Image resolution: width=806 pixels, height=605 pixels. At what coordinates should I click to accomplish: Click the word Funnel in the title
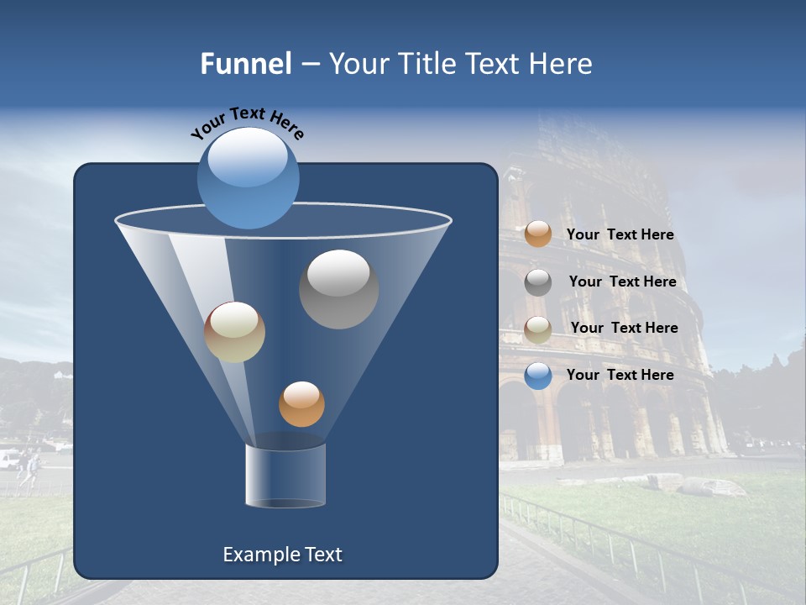pos(245,64)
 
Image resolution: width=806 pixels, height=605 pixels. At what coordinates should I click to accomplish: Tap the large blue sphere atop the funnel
pos(249,177)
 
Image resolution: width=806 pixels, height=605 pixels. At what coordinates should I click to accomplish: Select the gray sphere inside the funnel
pos(338,289)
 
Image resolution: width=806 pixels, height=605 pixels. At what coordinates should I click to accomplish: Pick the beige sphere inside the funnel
pos(234,332)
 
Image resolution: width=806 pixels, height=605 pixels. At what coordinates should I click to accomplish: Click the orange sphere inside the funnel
pos(301,403)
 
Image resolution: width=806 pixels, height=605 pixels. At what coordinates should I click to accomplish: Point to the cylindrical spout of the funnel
pos(285,476)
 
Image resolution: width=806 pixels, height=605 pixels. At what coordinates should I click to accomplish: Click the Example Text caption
pos(282,555)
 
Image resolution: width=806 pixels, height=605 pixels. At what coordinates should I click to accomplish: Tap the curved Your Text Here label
pos(247,121)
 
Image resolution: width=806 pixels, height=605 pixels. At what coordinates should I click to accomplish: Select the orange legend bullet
pos(538,234)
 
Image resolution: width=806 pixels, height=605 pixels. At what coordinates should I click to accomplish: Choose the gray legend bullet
pos(538,282)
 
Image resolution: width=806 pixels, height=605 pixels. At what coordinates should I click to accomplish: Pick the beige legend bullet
pos(538,329)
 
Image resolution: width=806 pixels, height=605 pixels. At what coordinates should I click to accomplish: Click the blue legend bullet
pos(538,376)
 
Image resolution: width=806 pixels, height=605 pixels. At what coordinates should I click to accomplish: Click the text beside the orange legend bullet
pos(620,235)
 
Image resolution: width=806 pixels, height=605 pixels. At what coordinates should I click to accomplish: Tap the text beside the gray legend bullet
pos(622,282)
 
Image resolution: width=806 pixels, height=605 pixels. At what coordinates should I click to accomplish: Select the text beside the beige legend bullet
pos(624,329)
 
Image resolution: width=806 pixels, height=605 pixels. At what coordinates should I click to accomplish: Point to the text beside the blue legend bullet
pos(620,376)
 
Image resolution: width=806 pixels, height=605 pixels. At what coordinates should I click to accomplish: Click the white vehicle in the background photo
pos(8,459)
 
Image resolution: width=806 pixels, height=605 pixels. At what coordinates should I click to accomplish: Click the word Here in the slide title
pos(561,64)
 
